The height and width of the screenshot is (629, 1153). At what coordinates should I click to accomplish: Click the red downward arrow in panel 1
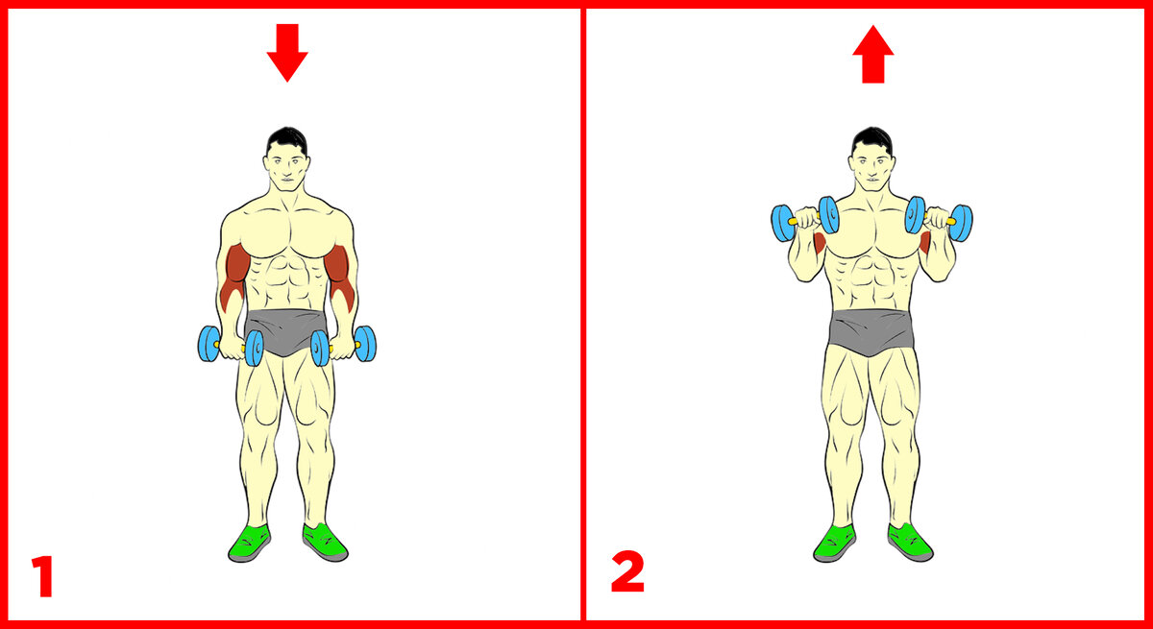pos(287,52)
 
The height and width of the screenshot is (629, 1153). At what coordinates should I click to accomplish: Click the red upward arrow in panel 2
pos(873,55)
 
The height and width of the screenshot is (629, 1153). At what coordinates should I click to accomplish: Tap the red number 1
pos(43,576)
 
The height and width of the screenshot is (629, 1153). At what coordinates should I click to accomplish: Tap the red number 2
pos(627,571)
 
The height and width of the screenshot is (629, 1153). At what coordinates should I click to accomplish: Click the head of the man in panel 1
pos(286,159)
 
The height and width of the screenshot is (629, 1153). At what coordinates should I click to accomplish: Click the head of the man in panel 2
pos(871,159)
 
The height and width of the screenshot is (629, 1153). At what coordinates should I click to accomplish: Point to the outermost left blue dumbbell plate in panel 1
pos(209,344)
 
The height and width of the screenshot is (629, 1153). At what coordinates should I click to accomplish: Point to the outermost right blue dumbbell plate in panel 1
pos(365,344)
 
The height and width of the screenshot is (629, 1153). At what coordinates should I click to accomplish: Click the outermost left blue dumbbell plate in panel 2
pos(783,223)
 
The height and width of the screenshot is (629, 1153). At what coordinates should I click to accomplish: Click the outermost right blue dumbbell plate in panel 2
pos(961,223)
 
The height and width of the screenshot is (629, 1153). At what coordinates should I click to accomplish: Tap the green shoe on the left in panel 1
pos(250,544)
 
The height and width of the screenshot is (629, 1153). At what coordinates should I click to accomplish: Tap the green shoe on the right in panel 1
pos(325,542)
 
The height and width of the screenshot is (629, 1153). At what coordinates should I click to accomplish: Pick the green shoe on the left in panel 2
pos(834,544)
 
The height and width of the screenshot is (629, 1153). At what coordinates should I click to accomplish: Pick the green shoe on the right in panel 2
pos(910,542)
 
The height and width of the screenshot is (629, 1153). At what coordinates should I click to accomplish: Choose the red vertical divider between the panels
pos(583,314)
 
